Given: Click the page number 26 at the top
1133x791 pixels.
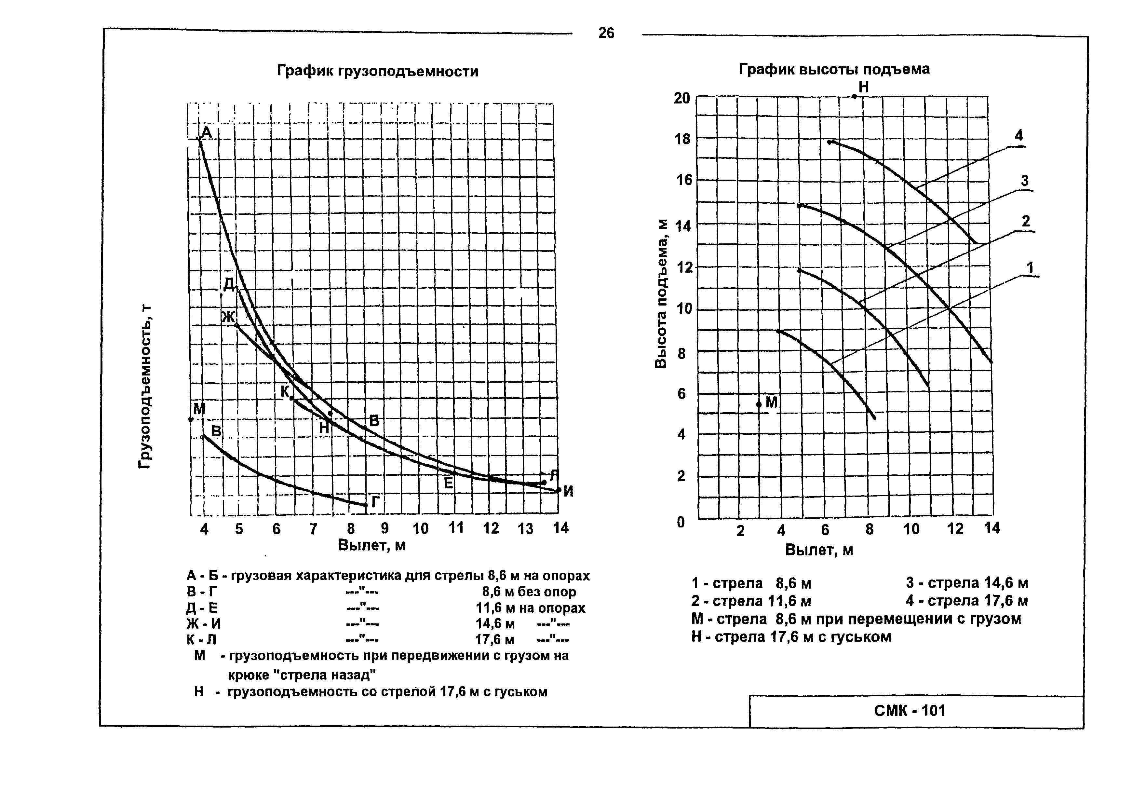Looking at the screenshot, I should (x=606, y=33).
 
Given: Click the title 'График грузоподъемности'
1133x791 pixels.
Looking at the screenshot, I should (x=377, y=72).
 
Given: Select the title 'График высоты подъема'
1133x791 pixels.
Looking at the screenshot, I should (x=834, y=69).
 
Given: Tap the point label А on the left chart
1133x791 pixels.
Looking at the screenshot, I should (x=206, y=132).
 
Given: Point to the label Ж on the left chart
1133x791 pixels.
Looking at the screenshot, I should (x=228, y=317).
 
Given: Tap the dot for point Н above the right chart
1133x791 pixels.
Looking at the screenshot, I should (x=854, y=97).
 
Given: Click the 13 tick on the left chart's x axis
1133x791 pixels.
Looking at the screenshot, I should (x=526, y=528).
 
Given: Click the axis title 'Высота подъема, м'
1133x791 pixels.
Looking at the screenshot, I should (x=660, y=293).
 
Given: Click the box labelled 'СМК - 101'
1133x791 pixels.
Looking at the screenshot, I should (x=910, y=711).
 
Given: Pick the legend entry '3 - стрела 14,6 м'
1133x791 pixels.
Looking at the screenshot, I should (x=967, y=583).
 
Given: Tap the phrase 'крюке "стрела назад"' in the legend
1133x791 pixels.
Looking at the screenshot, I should (x=302, y=674).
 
